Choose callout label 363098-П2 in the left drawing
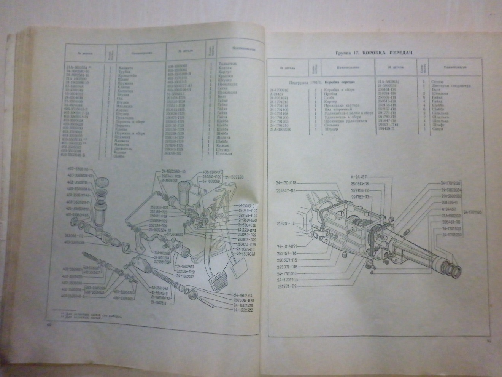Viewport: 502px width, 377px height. coord(72,235)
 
